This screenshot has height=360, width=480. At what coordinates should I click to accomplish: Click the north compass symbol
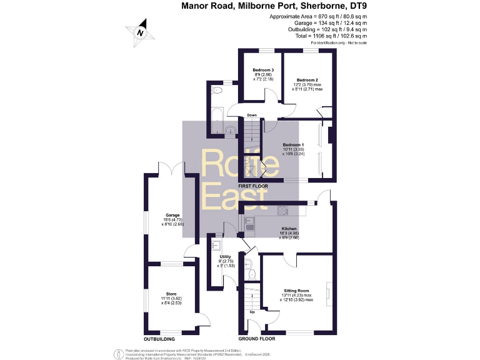pyautogui.click(x=141, y=33)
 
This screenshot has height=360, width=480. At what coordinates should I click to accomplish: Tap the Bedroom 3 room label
pyautogui.click(x=263, y=69)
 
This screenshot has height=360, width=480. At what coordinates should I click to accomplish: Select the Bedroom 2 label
pyautogui.click(x=307, y=81)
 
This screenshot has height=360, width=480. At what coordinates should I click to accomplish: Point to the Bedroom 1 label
pyautogui.click(x=292, y=145)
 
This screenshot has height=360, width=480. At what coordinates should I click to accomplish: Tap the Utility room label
pyautogui.click(x=225, y=257)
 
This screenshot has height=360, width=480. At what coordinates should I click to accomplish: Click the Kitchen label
pyautogui.click(x=289, y=229)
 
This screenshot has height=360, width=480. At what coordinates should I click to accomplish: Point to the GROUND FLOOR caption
pyautogui.click(x=257, y=338)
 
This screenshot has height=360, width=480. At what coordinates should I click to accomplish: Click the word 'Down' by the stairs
pyautogui.click(x=252, y=115)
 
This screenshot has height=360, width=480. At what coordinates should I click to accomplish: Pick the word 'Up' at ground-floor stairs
pyautogui.click(x=252, y=312)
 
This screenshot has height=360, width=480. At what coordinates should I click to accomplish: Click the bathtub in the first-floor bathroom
pyautogui.click(x=215, y=121)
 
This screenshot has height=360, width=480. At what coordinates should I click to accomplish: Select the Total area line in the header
pyautogui.click(x=318, y=36)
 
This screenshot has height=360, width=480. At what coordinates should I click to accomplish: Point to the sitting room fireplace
pyautogui.click(x=327, y=291)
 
